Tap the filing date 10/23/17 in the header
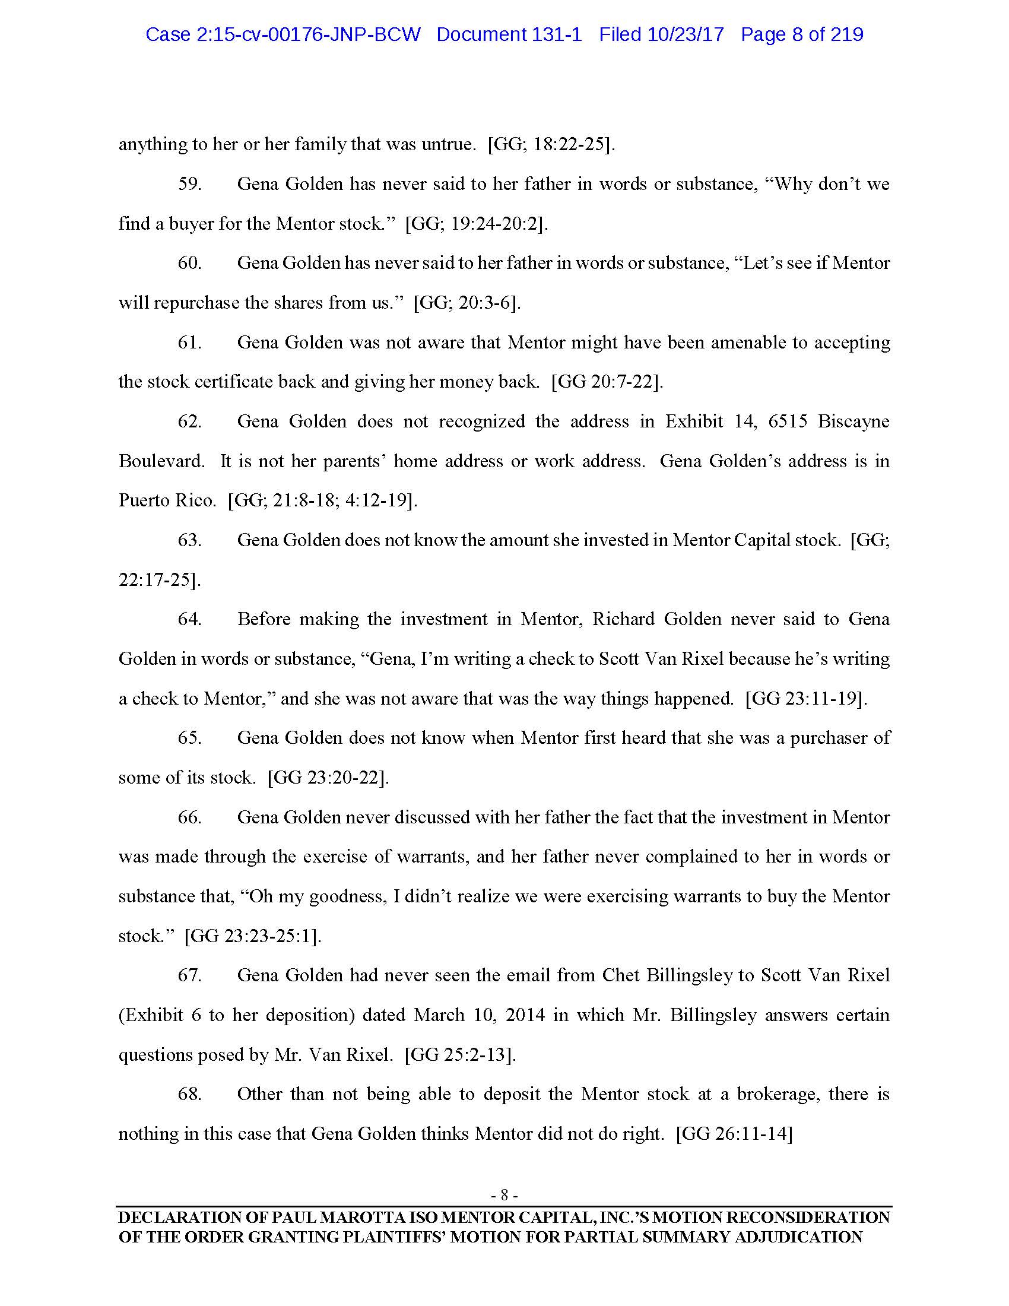pos(686,34)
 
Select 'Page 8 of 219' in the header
pos(802,34)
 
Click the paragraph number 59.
pos(189,184)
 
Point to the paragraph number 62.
pos(189,421)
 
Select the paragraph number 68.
pos(189,1094)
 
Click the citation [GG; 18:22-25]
pos(551,145)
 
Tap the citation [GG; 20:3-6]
pos(467,303)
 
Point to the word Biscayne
pos(853,421)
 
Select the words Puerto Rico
pos(167,500)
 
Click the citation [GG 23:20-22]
pos(328,778)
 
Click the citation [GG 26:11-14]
pos(734,1134)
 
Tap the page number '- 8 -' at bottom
pos(504,1196)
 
